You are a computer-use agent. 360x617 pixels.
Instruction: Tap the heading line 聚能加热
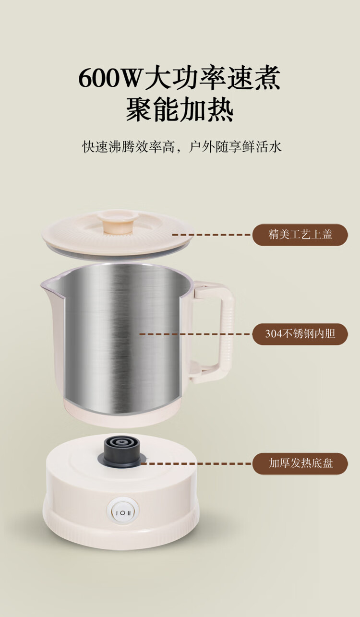[x=180, y=109]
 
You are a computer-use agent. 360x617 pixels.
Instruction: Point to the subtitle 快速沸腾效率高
[x=129, y=147]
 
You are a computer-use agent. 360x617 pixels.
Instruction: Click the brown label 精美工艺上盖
[x=300, y=235]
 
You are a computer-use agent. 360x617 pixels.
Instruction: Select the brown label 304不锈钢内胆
[x=300, y=334]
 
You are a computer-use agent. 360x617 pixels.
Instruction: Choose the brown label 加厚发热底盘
[x=300, y=463]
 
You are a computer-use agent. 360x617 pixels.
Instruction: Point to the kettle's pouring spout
[x=53, y=288]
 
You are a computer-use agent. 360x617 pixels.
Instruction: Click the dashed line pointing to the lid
[x=212, y=235]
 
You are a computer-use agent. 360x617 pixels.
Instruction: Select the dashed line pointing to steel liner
[x=196, y=334]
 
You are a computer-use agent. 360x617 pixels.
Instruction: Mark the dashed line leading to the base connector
[x=196, y=463]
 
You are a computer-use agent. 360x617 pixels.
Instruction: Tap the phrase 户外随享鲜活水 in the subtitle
[x=235, y=147]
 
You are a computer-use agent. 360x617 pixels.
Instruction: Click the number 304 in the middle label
[x=274, y=334]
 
